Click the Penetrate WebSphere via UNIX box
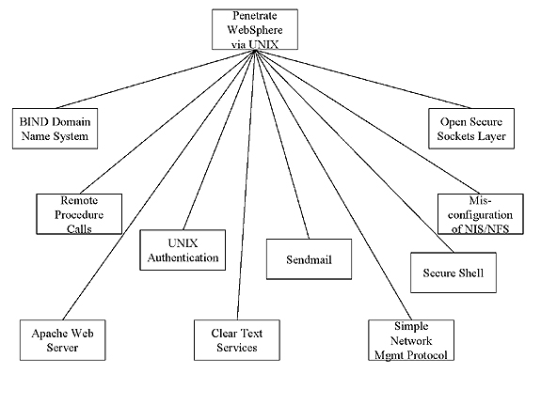255,29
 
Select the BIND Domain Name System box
55,129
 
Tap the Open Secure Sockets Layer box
471,129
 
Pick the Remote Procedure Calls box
79,214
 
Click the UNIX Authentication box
183,250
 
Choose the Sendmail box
309,258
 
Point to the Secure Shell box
453,273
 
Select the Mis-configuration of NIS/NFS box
481,214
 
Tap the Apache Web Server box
62,340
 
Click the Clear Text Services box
237,340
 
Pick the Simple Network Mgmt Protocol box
411,340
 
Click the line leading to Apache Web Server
159,185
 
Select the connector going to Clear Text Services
246,185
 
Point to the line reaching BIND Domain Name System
155,79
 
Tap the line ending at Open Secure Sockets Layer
363,79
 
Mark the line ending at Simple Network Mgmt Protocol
333,185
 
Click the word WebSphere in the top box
255,30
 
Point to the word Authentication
183,257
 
